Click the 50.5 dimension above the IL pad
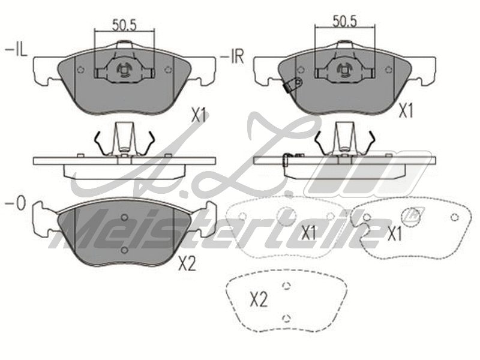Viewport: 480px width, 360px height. [124, 25]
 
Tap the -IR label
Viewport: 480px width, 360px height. [233, 57]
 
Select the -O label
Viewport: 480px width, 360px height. [16, 205]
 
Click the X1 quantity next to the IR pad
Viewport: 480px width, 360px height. [407, 110]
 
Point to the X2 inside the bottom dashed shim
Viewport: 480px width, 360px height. [258, 299]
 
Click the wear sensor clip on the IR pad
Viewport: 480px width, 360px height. [293, 85]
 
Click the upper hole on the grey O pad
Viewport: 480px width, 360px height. [124, 218]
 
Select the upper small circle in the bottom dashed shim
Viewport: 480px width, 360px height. [286, 286]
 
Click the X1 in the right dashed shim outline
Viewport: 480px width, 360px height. [394, 234]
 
